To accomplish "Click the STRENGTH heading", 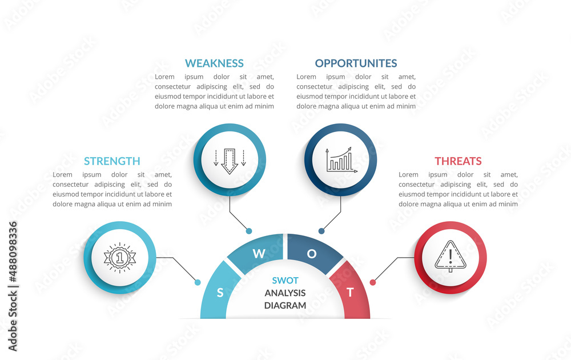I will click(112, 161).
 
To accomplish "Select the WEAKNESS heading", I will click(214, 63).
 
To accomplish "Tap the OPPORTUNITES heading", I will click(356, 63).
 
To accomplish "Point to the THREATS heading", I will click(458, 161).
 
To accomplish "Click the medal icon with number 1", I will click(120, 258).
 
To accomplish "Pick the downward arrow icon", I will click(230, 160).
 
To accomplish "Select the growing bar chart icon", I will click(341, 160).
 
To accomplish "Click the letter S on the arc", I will click(220, 293).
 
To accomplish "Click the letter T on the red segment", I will click(350, 293).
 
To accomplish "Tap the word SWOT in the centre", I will click(285, 281).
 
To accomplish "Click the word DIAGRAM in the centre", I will click(285, 305).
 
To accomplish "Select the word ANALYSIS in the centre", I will click(285, 293).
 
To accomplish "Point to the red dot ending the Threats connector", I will click(373, 282).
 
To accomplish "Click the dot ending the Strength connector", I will click(198, 282).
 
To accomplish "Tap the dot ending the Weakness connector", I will click(249, 231).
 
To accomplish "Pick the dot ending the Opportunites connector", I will click(321, 231).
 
